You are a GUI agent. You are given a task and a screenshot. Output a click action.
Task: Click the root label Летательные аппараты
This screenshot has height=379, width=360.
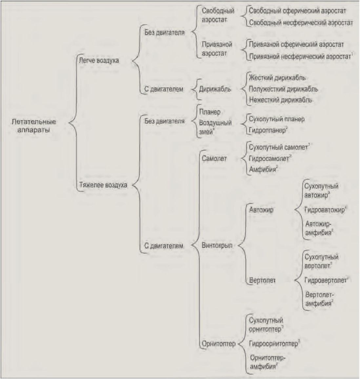(33, 126)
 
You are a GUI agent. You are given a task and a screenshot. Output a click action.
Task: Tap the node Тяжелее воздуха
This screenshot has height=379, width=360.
(103, 185)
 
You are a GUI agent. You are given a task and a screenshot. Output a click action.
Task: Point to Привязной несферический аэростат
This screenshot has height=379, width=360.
(300, 56)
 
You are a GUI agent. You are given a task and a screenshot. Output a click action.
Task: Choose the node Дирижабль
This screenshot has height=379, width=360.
(215, 89)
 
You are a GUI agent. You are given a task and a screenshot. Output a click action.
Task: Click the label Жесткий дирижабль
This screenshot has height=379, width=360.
(277, 78)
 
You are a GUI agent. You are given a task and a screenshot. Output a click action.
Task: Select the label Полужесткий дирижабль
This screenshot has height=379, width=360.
(283, 89)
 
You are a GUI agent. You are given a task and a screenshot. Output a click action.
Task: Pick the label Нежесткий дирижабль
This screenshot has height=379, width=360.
(280, 100)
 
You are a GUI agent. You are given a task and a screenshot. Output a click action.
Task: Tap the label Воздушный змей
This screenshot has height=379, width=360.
(215, 127)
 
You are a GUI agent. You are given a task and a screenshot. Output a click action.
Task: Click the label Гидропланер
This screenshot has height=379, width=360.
(268, 130)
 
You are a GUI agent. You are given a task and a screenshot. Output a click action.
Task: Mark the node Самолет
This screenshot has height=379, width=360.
(214, 159)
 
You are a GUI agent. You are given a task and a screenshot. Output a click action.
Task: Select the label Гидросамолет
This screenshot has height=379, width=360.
(269, 158)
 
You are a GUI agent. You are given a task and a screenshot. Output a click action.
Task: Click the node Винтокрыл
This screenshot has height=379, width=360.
(217, 245)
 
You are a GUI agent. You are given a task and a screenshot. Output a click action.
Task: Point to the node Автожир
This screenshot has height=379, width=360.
(261, 210)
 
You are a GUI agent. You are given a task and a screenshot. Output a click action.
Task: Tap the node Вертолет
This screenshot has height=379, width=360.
(262, 281)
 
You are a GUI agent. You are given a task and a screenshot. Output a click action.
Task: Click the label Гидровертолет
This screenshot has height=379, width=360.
(325, 281)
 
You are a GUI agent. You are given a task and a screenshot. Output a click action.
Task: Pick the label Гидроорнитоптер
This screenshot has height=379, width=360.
(273, 344)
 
